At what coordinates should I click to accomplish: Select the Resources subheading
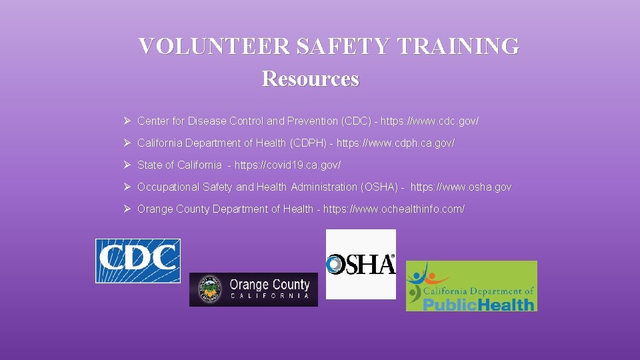tap(311, 79)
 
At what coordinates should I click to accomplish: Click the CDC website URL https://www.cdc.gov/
tap(429, 121)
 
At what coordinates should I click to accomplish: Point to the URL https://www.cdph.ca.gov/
tap(395, 143)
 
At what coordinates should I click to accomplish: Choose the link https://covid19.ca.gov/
tap(287, 165)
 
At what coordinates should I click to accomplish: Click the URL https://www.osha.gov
tap(461, 187)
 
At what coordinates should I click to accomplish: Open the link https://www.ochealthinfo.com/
tap(394, 209)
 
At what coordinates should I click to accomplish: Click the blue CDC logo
tap(138, 261)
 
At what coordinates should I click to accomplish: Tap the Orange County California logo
tap(253, 289)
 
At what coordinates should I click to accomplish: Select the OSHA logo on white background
tap(361, 264)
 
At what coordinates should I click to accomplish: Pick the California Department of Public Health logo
tap(471, 286)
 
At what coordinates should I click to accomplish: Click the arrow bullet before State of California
tap(127, 165)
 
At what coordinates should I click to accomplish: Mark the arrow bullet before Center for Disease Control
tap(127, 121)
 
